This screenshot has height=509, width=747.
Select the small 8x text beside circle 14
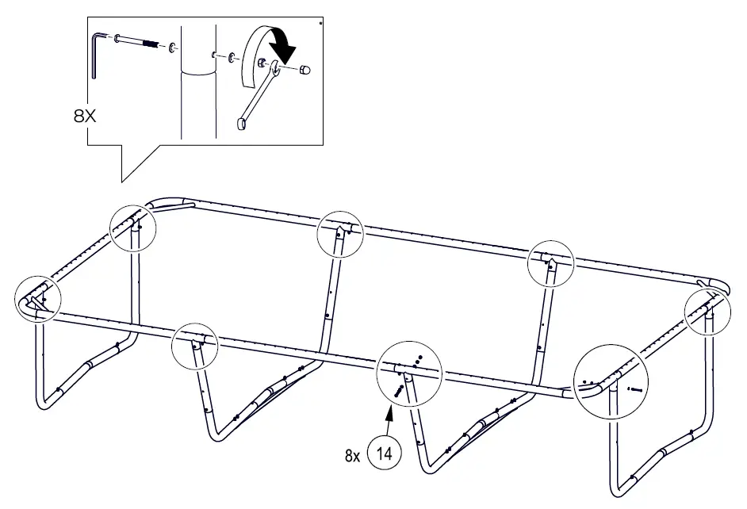352,456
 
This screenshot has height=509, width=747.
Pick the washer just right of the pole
231,59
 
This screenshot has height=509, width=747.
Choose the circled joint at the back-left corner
132,228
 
